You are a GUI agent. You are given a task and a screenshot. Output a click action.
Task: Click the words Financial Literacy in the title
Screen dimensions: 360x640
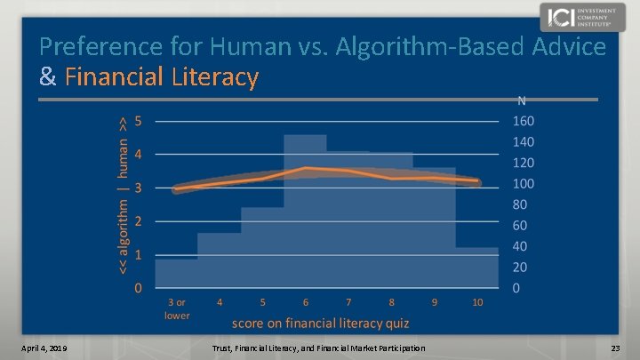pyautogui.click(x=162, y=77)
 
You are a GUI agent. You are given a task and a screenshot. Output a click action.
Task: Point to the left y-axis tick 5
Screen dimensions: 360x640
pyautogui.click(x=137, y=120)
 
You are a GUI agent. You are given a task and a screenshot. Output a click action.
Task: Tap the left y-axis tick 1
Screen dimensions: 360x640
pyautogui.click(x=137, y=255)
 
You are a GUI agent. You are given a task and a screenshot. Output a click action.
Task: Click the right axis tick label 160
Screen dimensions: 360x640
pyautogui.click(x=523, y=121)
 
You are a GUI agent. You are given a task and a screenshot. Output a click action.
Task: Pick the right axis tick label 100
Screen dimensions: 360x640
pyautogui.click(x=523, y=184)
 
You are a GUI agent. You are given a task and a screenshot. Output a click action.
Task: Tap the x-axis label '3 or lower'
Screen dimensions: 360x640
pyautogui.click(x=176, y=308)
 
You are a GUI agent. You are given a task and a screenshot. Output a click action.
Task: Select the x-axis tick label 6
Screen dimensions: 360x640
pyautogui.click(x=305, y=302)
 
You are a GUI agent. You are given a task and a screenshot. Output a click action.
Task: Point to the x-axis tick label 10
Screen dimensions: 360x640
pyautogui.click(x=477, y=302)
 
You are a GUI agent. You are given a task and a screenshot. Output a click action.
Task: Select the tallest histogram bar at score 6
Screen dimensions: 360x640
pyautogui.click(x=305, y=222)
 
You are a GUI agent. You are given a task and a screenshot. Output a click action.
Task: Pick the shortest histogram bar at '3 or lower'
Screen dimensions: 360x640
pyautogui.click(x=176, y=273)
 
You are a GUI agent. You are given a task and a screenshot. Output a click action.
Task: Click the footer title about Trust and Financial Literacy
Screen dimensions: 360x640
pyautogui.click(x=319, y=347)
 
